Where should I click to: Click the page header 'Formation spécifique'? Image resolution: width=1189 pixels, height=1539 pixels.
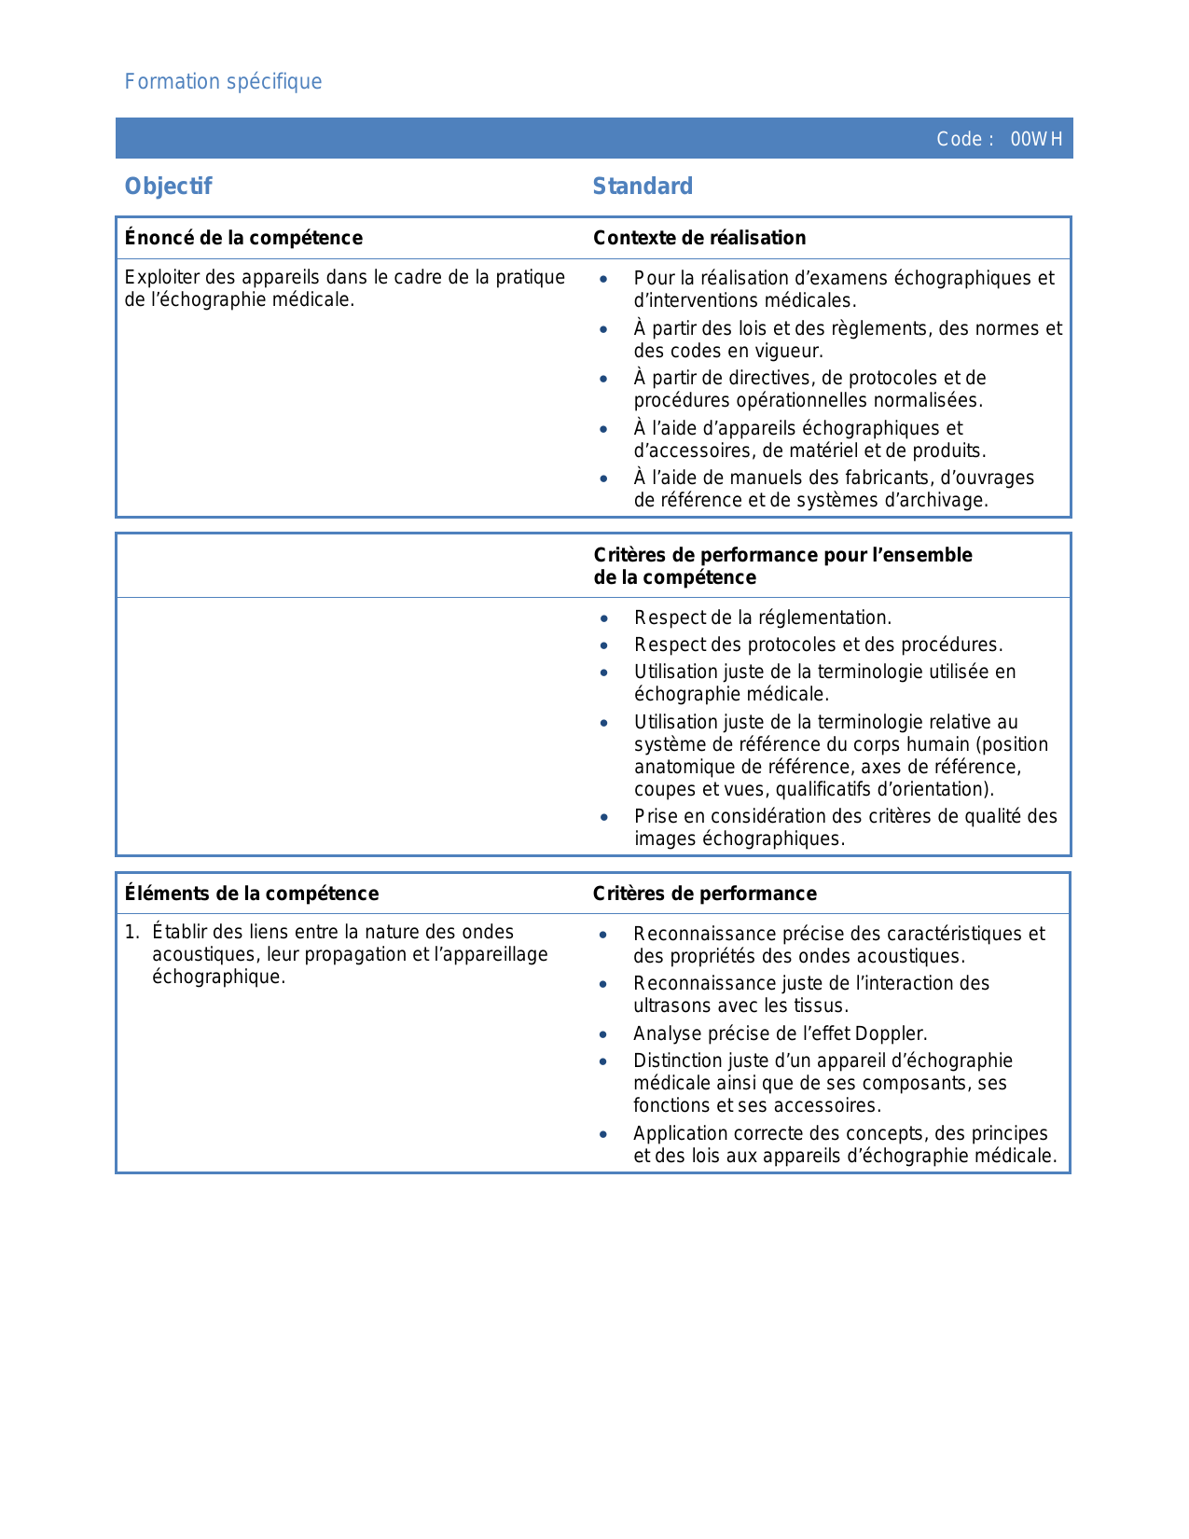tap(223, 82)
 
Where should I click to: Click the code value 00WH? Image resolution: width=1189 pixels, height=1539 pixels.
tap(1036, 140)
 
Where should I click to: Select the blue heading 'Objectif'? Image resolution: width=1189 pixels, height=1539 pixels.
tap(168, 187)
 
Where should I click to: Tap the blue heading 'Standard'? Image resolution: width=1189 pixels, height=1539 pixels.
tap(643, 187)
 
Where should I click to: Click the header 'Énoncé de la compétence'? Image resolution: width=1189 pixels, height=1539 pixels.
tap(243, 238)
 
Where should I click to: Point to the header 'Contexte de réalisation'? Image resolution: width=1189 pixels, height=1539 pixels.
tap(699, 238)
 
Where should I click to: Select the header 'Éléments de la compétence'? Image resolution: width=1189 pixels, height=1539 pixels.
tap(252, 894)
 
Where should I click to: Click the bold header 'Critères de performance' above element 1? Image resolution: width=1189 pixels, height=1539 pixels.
tap(704, 894)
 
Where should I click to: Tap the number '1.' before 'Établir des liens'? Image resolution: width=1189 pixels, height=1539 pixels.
tap(132, 932)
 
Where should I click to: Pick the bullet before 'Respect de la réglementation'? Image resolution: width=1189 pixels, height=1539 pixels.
tap(604, 618)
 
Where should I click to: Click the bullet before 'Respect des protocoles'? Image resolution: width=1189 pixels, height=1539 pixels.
tap(604, 645)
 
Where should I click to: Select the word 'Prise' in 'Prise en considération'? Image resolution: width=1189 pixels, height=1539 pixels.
tap(656, 816)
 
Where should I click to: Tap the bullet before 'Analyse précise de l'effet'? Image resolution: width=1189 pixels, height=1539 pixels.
tap(603, 1034)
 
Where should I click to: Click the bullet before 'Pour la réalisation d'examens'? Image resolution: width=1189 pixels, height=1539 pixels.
tap(604, 279)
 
